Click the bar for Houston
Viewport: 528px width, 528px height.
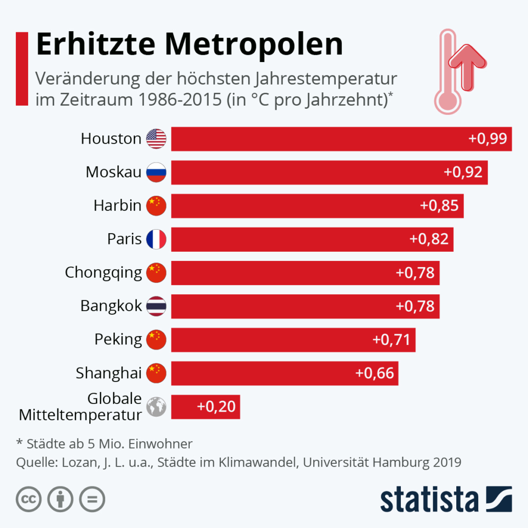pyautogui.click(x=341, y=139)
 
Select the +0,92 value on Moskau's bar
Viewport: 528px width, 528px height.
pyautogui.click(x=463, y=172)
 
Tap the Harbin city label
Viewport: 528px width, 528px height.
pyautogui.click(x=117, y=206)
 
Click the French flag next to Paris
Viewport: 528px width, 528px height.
pyautogui.click(x=156, y=239)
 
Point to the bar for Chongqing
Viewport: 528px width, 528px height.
pyautogui.click(x=305, y=273)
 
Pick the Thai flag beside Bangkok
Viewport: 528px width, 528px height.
pyautogui.click(x=156, y=306)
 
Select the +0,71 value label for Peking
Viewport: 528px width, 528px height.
pyautogui.click(x=391, y=339)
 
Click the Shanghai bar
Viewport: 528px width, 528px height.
pyautogui.click(x=285, y=373)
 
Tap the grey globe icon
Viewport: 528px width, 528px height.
pyautogui.click(x=156, y=407)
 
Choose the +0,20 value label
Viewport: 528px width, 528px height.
pyautogui.click(x=216, y=407)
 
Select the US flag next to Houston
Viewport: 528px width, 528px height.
pyautogui.click(x=156, y=139)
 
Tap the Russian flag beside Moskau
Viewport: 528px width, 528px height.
pyautogui.click(x=156, y=172)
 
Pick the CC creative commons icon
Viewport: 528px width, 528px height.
pyautogui.click(x=29, y=499)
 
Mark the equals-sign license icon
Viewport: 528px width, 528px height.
pyautogui.click(x=92, y=499)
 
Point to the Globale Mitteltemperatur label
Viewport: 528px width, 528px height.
pyautogui.click(x=80, y=407)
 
